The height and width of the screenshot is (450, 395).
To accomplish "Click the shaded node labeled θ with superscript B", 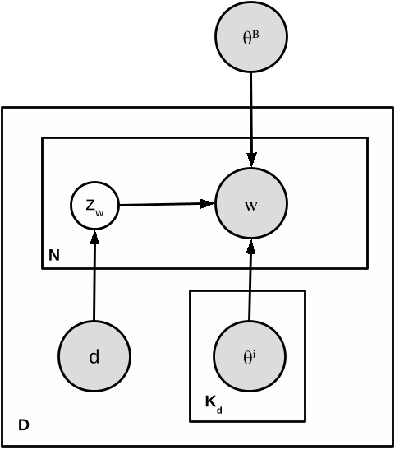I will click(250, 38).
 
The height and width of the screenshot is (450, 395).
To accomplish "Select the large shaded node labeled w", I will click(250, 204).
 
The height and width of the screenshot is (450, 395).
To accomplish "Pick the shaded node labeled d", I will click(94, 356).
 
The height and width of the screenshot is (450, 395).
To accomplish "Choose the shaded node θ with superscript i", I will click(250, 356).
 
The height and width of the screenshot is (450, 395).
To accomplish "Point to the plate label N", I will click(53, 256).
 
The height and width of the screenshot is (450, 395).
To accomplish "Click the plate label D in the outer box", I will click(24, 425).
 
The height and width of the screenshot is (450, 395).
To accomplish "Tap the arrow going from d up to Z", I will click(94, 280).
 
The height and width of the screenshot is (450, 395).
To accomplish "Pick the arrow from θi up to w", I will click(250, 284).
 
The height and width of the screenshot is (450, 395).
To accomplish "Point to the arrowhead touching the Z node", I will click(95, 236).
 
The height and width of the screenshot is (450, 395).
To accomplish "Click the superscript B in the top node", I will click(256, 35).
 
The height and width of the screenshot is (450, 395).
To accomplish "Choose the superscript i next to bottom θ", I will click(255, 354).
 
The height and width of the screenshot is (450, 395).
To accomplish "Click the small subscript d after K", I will click(218, 407).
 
